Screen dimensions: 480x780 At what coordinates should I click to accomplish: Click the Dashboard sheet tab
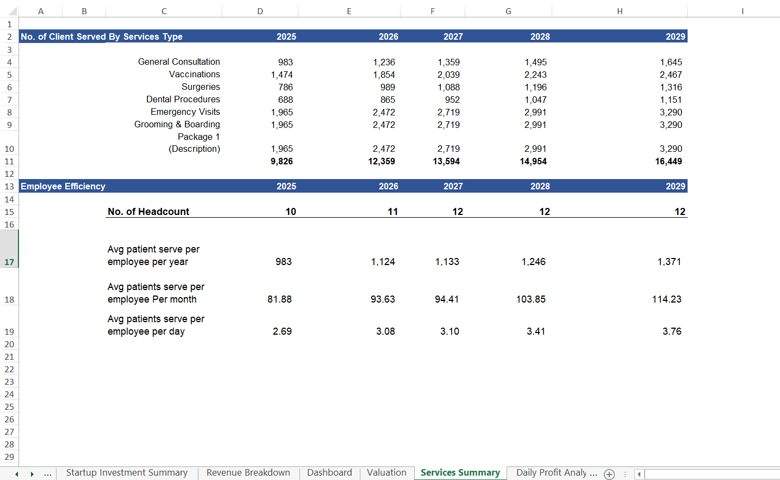click(329, 472)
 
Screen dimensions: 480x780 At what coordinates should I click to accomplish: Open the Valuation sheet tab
click(386, 472)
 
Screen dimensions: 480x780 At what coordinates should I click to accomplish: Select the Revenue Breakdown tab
click(248, 472)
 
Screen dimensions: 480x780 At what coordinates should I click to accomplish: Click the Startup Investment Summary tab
click(127, 472)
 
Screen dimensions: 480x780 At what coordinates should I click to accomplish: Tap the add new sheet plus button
click(609, 474)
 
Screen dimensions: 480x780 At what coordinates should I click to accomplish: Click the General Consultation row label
click(179, 62)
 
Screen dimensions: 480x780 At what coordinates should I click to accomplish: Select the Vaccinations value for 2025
click(282, 75)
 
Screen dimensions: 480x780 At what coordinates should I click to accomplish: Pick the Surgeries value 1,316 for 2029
click(671, 87)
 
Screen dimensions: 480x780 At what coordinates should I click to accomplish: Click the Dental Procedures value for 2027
click(452, 100)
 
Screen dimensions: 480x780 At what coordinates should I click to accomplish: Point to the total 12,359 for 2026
click(382, 161)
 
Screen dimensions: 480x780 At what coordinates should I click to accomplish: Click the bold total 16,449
click(668, 161)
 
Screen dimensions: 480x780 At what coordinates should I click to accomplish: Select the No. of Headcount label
click(148, 212)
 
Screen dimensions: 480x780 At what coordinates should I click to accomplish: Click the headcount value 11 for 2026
click(392, 212)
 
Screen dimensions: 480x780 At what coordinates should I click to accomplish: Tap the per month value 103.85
click(531, 299)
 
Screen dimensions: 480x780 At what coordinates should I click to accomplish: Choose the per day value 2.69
click(282, 331)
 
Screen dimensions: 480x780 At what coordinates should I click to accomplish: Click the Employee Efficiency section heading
click(63, 186)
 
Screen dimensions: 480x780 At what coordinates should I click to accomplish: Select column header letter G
click(508, 11)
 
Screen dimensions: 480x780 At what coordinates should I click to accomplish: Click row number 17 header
click(9, 262)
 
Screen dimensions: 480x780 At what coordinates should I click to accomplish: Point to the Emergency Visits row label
click(185, 112)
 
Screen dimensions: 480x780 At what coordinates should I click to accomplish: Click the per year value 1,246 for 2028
click(533, 262)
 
